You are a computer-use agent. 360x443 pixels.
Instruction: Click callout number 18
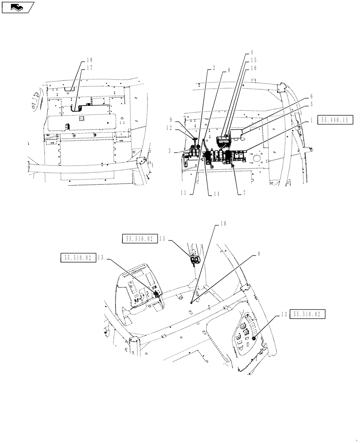90,60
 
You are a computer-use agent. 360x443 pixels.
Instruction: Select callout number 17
90,67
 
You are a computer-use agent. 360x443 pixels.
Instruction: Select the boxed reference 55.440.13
335,120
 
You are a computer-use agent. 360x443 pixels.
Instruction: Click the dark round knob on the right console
254,338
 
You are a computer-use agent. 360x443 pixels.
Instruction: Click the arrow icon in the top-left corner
17,6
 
